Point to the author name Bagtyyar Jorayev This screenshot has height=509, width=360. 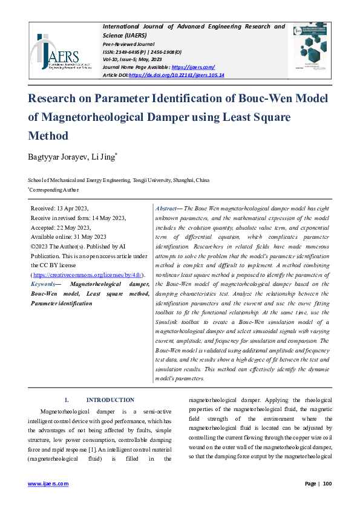[x=57, y=158]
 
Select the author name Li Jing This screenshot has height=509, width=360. [x=103, y=158]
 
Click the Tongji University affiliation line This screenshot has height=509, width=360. [x=119, y=180]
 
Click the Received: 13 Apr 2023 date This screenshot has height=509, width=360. [x=59, y=207]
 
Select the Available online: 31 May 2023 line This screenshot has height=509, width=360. [x=68, y=237]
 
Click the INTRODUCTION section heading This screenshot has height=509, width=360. [x=110, y=400]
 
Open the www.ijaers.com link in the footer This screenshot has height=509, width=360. [x=48, y=484]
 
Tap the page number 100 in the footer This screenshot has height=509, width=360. [x=327, y=484]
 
